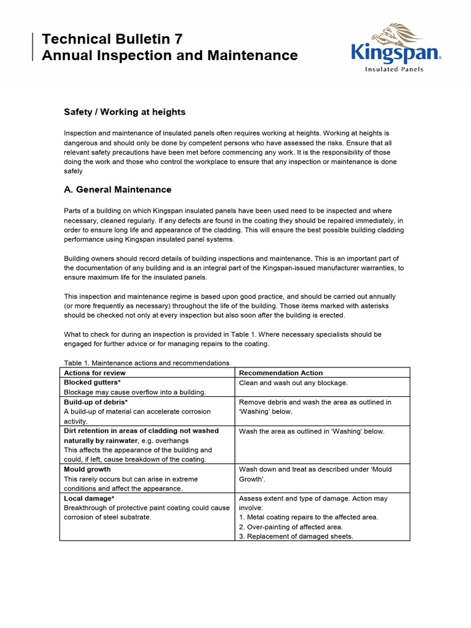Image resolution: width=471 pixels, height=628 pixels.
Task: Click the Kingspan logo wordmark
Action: [x=395, y=53]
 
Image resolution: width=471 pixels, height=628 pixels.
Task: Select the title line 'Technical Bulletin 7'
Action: [x=112, y=39]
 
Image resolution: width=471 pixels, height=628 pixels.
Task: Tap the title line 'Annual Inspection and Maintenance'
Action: [x=169, y=55]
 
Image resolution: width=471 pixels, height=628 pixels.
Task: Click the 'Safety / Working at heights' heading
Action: [x=124, y=112]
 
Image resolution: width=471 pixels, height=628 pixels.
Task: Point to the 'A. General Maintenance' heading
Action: [x=118, y=190]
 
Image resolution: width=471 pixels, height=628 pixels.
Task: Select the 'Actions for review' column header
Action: [x=95, y=373]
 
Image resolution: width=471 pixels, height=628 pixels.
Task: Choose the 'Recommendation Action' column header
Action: [x=280, y=373]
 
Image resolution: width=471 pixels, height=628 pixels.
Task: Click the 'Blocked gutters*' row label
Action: [x=92, y=383]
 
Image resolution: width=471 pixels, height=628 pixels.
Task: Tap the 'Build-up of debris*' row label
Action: [x=96, y=402]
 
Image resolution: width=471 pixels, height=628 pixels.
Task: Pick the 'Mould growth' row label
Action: [x=87, y=469]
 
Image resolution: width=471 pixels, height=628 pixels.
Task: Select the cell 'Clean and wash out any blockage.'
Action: [x=293, y=383]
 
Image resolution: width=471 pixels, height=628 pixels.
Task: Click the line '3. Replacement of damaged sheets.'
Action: [x=296, y=537]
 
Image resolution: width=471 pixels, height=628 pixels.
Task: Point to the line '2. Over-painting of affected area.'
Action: [x=291, y=527]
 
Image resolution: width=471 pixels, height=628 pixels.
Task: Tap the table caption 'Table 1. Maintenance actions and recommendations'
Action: [x=147, y=362]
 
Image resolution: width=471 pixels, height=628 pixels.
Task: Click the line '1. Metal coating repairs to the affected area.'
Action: [x=308, y=517]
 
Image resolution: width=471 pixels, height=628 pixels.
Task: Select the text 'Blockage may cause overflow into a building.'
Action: [x=135, y=392]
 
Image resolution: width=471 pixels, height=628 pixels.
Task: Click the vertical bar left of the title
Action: [x=32, y=47]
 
